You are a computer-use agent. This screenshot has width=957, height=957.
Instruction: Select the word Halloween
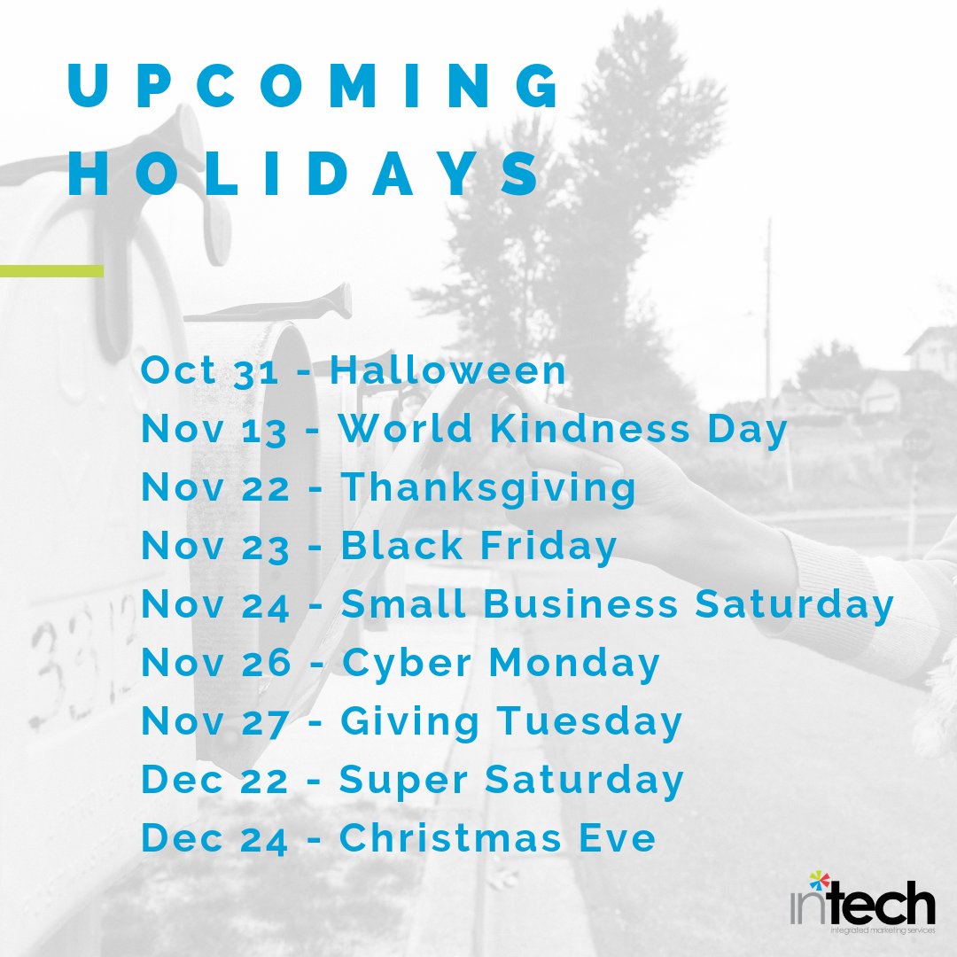(x=447, y=370)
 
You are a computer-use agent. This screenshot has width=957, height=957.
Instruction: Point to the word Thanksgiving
(x=488, y=487)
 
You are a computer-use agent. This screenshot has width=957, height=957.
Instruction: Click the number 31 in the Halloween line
(x=256, y=371)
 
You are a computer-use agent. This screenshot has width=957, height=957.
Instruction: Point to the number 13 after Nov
(x=264, y=430)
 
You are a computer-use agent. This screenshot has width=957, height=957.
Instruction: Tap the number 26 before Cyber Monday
(x=265, y=664)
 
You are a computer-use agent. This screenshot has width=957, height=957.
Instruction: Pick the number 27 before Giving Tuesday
(x=265, y=722)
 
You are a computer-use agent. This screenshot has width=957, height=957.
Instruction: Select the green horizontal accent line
(x=51, y=270)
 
